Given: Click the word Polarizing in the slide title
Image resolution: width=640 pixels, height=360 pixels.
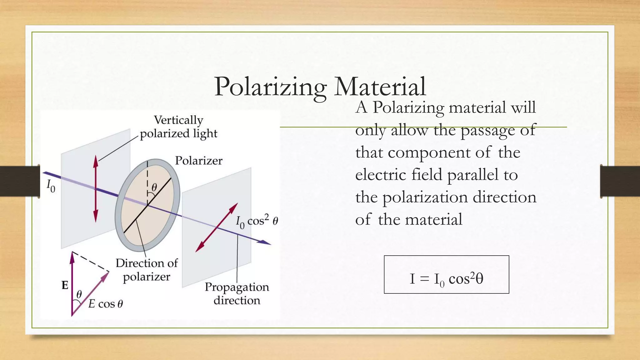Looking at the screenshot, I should [x=270, y=87].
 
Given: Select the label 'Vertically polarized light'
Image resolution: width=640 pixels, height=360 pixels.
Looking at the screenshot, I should [x=178, y=127].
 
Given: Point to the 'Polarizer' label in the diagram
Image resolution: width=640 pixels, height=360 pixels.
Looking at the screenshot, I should [x=198, y=161].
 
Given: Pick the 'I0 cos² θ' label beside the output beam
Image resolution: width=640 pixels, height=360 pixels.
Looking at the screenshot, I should [x=257, y=222].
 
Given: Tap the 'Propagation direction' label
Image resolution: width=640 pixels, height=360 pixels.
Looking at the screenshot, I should [x=237, y=293].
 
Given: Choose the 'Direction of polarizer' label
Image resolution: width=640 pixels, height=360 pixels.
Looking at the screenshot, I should [x=147, y=270].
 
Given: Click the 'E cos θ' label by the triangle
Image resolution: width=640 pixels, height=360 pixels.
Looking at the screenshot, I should [x=106, y=304].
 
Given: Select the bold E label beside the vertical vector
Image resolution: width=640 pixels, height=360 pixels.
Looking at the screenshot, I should [x=65, y=285].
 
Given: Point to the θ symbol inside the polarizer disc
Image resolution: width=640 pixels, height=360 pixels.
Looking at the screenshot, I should [x=154, y=187].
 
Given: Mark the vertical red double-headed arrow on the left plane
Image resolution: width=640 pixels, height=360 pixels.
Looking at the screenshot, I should [x=96, y=189].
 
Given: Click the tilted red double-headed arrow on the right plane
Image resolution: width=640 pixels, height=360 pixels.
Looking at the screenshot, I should [x=217, y=227].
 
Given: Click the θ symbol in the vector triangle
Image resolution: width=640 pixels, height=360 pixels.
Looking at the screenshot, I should [x=79, y=294].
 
